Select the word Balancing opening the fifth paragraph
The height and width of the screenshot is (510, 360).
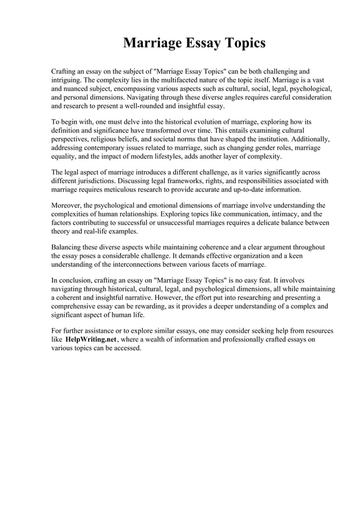[x=68, y=247]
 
